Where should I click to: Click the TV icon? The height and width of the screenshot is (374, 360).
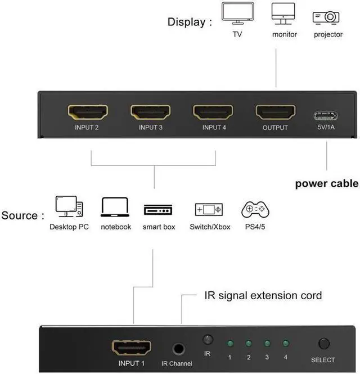tap(237, 13)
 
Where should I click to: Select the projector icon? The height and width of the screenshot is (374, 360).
tap(327, 16)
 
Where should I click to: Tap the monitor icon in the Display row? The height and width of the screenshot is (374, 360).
tap(283, 13)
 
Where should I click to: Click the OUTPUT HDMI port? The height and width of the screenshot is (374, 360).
tap(275, 112)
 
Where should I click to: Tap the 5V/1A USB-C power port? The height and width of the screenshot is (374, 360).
tap(326, 116)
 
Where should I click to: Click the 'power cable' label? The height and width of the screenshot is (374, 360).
tap(326, 183)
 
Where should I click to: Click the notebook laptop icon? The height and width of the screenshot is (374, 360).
tap(115, 208)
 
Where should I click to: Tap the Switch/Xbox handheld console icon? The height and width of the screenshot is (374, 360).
tap(209, 210)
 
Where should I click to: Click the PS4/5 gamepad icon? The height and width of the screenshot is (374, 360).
tap(255, 210)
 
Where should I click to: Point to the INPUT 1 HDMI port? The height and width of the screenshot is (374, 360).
tap(132, 347)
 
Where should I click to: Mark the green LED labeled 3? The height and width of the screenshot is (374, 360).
tap(267, 343)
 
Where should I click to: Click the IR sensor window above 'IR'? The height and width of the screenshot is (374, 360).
tap(207, 340)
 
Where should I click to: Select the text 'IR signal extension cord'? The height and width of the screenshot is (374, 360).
tap(262, 295)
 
